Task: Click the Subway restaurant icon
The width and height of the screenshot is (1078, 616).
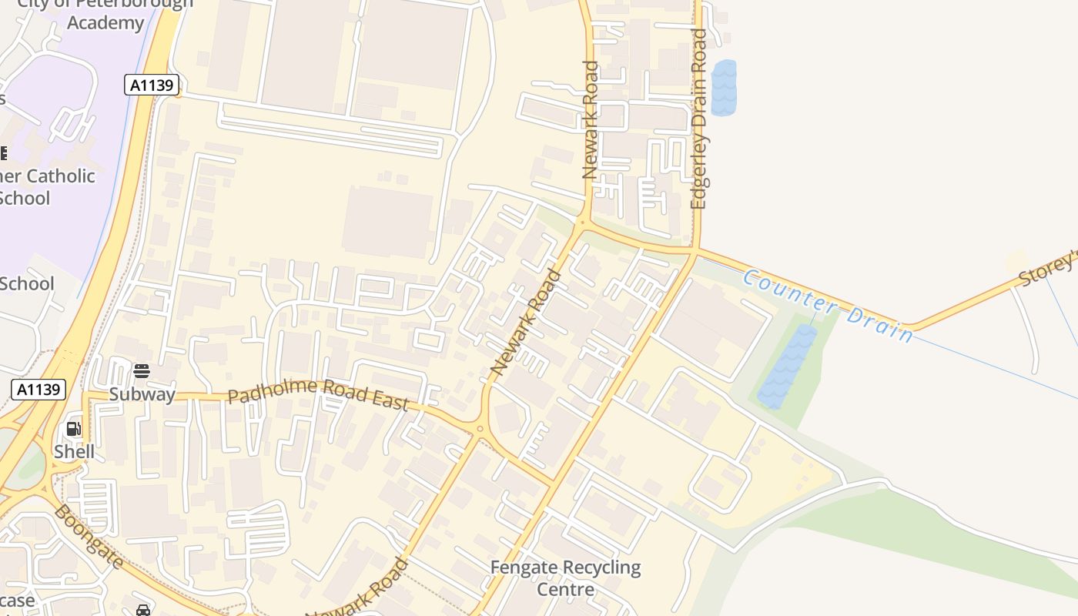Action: click(141, 371)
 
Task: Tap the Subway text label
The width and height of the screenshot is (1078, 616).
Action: click(142, 395)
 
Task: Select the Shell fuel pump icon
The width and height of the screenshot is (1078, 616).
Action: click(74, 429)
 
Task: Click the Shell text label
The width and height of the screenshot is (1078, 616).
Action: click(75, 451)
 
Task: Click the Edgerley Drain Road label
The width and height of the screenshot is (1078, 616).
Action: click(699, 119)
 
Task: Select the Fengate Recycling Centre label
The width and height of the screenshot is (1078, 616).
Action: click(566, 578)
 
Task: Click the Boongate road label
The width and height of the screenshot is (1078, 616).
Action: click(89, 537)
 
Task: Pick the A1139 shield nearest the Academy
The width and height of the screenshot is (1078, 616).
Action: click(152, 85)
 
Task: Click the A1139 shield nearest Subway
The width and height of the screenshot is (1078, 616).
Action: click(38, 389)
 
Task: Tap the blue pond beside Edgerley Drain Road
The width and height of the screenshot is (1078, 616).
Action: click(723, 88)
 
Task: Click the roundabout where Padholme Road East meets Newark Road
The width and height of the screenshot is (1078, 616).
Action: click(479, 429)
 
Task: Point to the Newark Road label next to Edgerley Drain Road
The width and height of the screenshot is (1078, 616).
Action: click(591, 120)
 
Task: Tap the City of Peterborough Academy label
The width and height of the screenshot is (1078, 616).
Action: click(105, 13)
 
